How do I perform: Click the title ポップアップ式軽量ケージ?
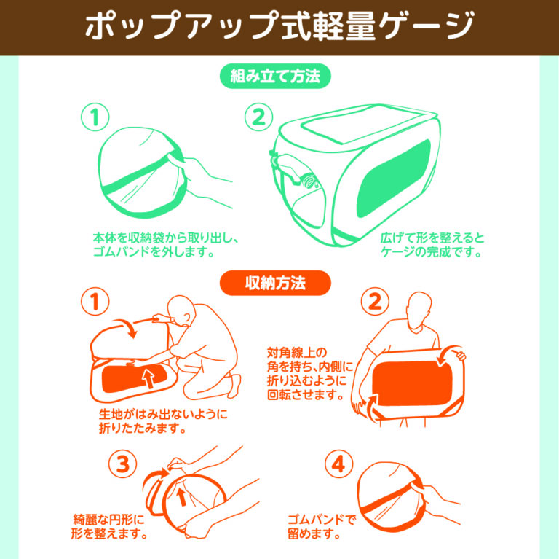(x=279, y=27)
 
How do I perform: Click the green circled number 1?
(x=95, y=117)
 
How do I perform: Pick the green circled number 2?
(x=258, y=117)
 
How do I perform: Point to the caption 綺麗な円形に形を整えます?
(x=110, y=527)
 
